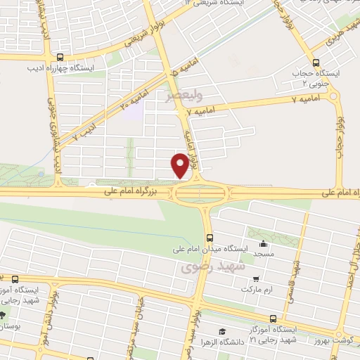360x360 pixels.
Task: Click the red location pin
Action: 180,165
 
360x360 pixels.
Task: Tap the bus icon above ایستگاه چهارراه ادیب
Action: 60,58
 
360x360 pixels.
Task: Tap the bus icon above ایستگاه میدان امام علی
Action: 209,238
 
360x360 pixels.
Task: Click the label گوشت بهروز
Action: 337,340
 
